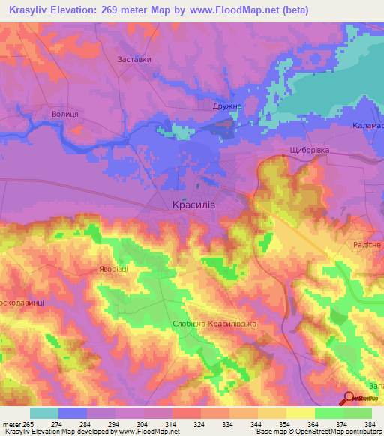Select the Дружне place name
pos(228,106)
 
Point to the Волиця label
pos(65,113)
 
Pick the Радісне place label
pos(367,245)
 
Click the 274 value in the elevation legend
pos(58,424)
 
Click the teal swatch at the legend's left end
pos(44,413)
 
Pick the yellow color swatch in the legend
pos(300,413)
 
